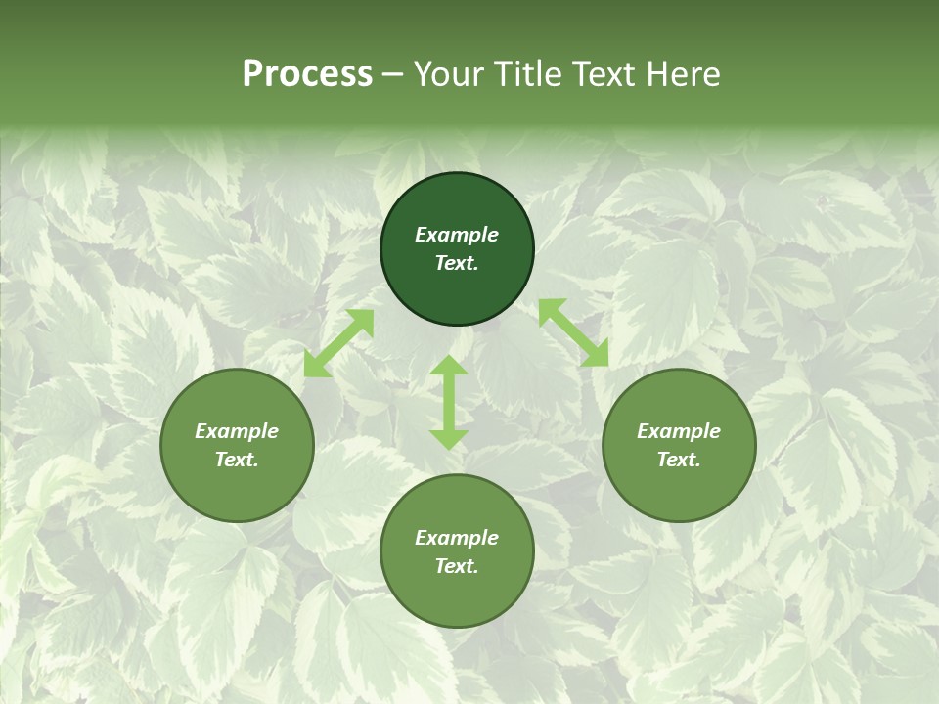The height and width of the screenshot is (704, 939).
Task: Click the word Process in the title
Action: click(x=307, y=74)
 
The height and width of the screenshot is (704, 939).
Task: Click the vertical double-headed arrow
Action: click(x=449, y=402)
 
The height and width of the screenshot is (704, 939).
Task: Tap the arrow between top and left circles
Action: click(x=338, y=343)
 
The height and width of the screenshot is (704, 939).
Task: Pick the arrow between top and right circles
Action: click(x=573, y=332)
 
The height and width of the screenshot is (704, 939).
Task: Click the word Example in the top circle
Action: click(x=457, y=235)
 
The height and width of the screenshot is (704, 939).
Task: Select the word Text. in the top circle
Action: click(x=457, y=263)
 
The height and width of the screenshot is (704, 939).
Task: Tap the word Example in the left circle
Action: click(x=237, y=431)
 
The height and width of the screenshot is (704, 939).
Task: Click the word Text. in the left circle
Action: click(x=237, y=460)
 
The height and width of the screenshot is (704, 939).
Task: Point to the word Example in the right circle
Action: click(x=679, y=431)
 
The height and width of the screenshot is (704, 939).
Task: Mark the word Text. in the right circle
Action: click(x=679, y=460)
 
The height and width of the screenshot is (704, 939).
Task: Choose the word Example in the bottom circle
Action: click(x=457, y=538)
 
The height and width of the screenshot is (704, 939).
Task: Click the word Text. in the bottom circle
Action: click(x=457, y=566)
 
